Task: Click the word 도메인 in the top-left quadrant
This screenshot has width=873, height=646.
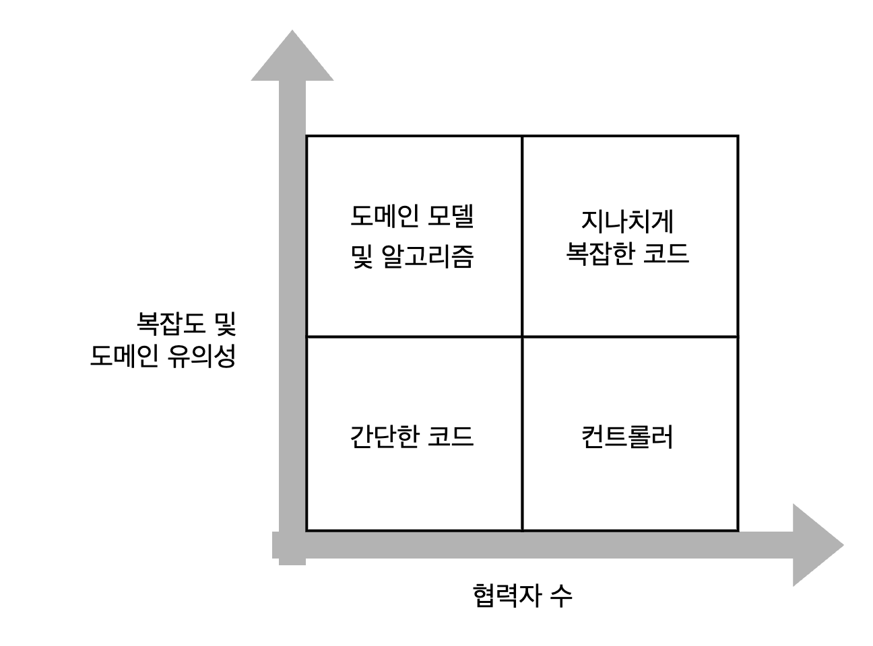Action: pyautogui.click(x=385, y=217)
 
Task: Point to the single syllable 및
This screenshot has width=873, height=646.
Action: pyautogui.click(x=362, y=256)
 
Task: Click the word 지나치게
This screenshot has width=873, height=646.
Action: pyautogui.click(x=628, y=221)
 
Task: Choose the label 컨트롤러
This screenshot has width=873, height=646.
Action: pyautogui.click(x=628, y=436)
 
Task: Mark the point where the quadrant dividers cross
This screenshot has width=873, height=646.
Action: pyautogui.click(x=522, y=336)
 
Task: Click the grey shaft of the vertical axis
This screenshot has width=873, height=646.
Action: pyautogui.click(x=292, y=303)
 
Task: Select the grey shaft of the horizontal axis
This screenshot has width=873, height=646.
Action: pyautogui.click(x=539, y=544)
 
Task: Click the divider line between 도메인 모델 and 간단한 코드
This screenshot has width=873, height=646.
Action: pyautogui.click(x=414, y=336)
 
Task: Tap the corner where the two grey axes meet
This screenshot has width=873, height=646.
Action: pyautogui.click(x=292, y=544)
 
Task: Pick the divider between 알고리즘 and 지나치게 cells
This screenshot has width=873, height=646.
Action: pyautogui.click(x=522, y=236)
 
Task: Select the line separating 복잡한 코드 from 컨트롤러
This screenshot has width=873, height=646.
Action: pyautogui.click(x=630, y=336)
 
